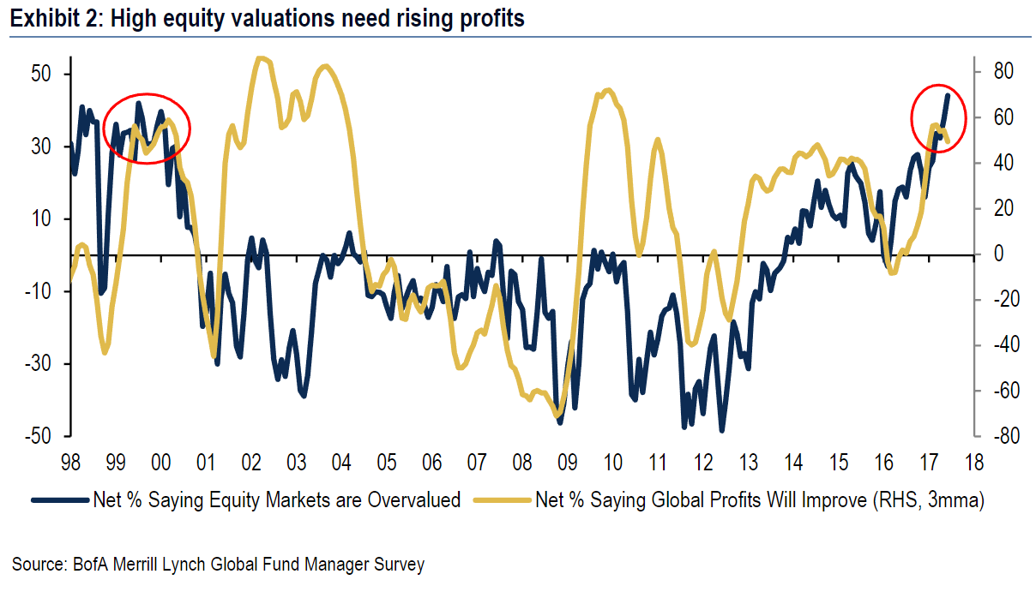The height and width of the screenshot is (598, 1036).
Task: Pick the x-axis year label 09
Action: coord(567,463)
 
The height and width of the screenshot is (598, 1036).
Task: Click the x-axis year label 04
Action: coord(340,463)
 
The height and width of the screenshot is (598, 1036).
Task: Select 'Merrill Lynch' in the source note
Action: coord(149,565)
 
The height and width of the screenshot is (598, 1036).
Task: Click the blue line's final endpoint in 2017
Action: coord(948,94)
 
